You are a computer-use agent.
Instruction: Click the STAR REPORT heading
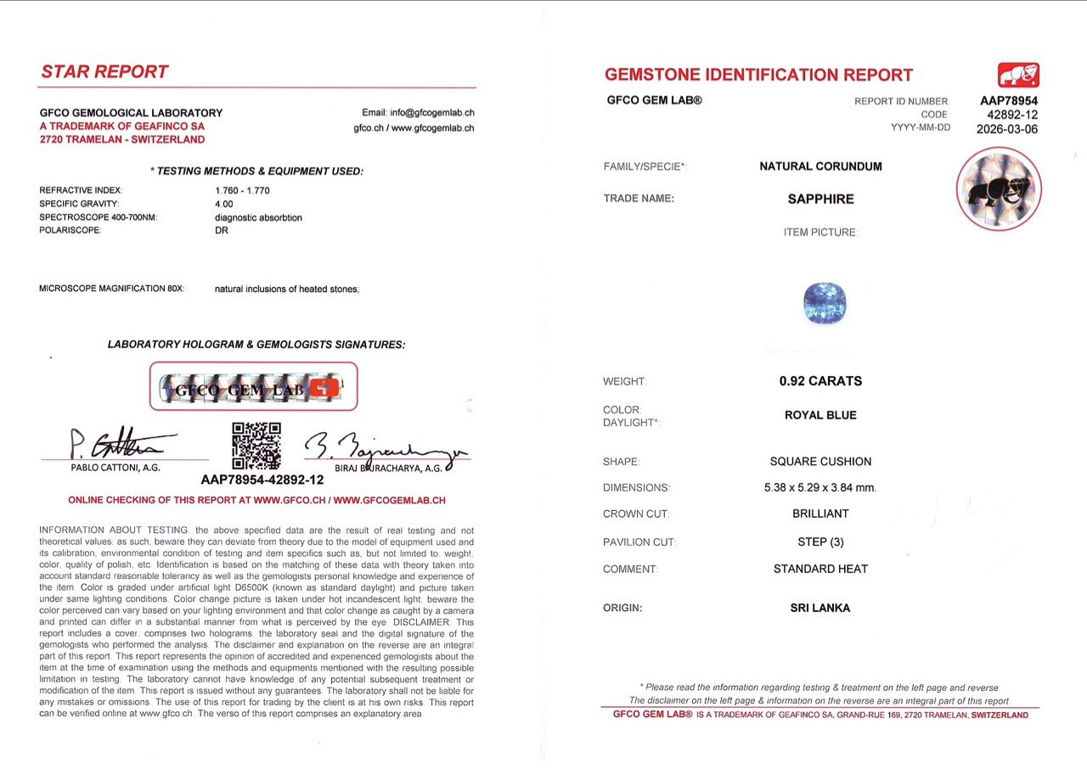[x=104, y=72]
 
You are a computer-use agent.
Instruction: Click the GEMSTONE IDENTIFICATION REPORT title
[x=758, y=75]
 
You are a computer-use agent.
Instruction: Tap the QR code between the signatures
[x=256, y=446]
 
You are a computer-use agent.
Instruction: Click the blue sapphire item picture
[x=825, y=304]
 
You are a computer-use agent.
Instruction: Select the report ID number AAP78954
[x=1009, y=100]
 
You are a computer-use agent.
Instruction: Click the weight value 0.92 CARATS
[x=820, y=381]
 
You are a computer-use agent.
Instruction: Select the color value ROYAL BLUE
[x=820, y=415]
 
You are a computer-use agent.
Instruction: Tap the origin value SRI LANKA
[x=820, y=608]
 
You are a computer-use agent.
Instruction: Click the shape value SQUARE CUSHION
[x=820, y=462]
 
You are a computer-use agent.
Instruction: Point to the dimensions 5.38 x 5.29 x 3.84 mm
[x=820, y=487]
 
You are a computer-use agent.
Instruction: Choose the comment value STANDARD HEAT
[x=820, y=569]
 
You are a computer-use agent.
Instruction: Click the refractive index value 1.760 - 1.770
[x=242, y=190]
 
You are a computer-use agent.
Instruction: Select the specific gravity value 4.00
[x=224, y=204]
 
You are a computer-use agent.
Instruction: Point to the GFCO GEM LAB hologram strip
[x=253, y=388]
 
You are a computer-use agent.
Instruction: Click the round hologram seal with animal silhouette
[x=999, y=188]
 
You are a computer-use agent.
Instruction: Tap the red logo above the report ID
[x=1018, y=76]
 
